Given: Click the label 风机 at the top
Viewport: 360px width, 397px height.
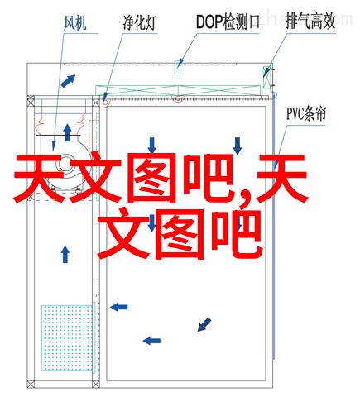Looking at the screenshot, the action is pyautogui.click(x=75, y=23).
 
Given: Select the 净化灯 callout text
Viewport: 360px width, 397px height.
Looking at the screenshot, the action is pyautogui.click(x=139, y=22).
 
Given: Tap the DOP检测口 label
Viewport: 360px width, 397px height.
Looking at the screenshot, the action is pyautogui.click(x=228, y=22).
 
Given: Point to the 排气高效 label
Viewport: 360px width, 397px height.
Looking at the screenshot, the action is pyautogui.click(x=310, y=22).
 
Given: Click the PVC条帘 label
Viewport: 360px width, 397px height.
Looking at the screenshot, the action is pyautogui.click(x=306, y=114).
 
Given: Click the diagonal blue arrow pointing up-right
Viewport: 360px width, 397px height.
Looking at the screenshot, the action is pyautogui.click(x=68, y=81).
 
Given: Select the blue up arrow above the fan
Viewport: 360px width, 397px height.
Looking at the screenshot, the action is pyautogui.click(x=67, y=132).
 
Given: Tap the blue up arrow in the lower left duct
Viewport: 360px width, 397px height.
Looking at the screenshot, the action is pyautogui.click(x=65, y=254).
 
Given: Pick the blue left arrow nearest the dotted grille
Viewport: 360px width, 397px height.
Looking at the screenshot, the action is pyautogui.click(x=119, y=307).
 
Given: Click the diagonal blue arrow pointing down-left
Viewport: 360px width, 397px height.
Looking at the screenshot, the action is pyautogui.click(x=204, y=324).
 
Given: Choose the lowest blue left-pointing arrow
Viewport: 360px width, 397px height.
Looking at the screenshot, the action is pyautogui.click(x=151, y=341).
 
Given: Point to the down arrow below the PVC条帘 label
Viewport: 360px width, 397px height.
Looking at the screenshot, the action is pyautogui.click(x=238, y=146).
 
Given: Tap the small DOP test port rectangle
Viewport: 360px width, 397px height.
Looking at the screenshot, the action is pyautogui.click(x=177, y=67).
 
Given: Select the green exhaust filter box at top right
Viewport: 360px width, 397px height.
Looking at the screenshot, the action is pyautogui.click(x=267, y=77).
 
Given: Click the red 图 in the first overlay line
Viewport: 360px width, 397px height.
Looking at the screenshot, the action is pyautogui.click(x=151, y=178).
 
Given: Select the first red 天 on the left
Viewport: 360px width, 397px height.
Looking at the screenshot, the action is pyautogui.click(x=39, y=178).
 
